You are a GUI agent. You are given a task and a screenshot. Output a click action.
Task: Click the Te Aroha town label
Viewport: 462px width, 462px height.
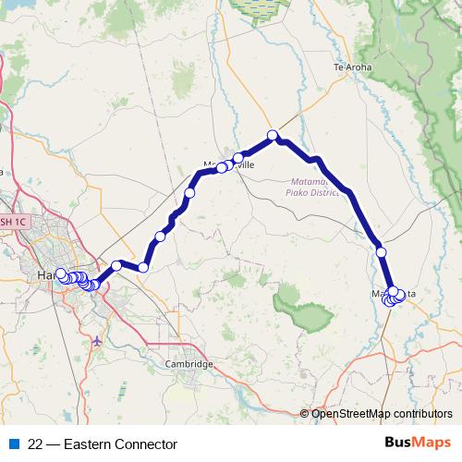pos(351,67)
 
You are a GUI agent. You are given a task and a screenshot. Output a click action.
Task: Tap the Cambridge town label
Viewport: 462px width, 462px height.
pos(188,364)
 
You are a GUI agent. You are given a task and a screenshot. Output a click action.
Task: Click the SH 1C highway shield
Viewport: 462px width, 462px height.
pos(12,222)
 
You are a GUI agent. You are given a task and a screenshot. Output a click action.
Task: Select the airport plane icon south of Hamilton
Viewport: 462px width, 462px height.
pos(98,343)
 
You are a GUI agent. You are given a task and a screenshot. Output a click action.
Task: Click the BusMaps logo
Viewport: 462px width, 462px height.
pos(417,444)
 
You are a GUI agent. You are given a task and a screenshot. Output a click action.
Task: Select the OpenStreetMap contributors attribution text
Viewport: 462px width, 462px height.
pos(382,414)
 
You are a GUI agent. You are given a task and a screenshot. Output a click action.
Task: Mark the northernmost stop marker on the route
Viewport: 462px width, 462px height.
pos(273,136)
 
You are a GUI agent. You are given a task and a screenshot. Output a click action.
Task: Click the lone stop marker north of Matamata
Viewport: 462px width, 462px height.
pos(380,251)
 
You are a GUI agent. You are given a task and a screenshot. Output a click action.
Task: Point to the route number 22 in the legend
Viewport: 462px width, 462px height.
pos(36,444)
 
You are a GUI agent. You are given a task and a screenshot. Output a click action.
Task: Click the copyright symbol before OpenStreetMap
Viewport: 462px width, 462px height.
pos(305,414)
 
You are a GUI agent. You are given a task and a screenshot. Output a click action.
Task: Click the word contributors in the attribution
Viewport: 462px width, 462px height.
pos(422,414)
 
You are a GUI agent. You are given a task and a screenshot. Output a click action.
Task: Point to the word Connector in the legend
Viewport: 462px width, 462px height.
pos(146,444)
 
